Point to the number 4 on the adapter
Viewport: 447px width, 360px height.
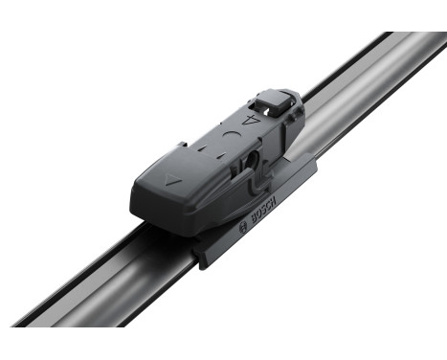(x=253, y=122)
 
